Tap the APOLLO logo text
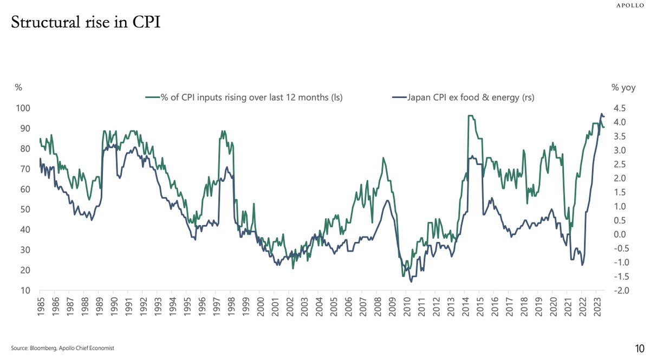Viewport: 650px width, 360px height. coord(632,5)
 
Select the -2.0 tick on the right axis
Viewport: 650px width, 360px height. coord(618,291)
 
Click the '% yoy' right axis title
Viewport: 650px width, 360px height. coord(623,87)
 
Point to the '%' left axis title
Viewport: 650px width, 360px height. coord(18,87)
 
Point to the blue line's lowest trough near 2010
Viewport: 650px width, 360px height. coord(411,282)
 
